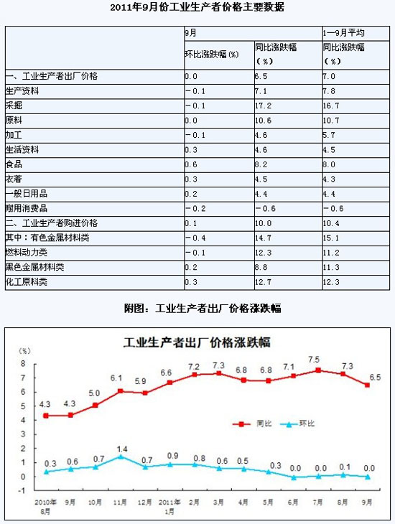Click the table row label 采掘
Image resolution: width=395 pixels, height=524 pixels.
14,106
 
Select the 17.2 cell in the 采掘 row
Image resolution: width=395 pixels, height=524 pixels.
264,106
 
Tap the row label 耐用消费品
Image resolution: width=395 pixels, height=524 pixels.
27,209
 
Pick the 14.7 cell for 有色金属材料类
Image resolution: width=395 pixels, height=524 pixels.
264,238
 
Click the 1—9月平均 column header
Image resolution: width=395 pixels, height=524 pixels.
343,33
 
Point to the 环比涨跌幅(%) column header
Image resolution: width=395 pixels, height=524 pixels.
212,54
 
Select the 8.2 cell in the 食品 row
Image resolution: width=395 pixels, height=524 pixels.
261,164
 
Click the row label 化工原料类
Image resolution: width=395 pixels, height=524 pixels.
27,281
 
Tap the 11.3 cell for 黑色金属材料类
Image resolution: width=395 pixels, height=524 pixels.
331,267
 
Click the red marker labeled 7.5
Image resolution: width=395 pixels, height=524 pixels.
318,370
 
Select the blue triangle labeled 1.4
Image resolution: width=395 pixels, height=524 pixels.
121,456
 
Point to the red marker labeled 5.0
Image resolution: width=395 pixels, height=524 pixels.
95,405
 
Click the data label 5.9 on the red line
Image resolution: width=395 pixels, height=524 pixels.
141,381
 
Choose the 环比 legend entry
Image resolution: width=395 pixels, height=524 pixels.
297,424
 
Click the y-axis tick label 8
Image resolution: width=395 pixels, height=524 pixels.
23,364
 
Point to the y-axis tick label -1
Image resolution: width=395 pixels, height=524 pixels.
22,490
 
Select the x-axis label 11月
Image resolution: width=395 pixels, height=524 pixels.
120,502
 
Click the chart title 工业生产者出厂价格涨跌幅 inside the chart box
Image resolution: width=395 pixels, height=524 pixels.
197,342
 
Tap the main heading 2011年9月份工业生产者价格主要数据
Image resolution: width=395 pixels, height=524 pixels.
197,7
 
